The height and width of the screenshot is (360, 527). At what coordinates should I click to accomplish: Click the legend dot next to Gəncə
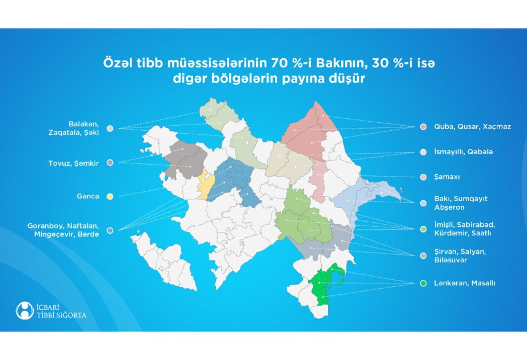(110, 197)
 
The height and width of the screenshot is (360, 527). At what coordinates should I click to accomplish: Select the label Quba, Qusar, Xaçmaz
(473, 127)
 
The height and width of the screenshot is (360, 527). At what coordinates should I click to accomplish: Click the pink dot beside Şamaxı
(424, 177)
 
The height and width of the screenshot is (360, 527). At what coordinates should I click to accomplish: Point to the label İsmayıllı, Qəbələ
(464, 152)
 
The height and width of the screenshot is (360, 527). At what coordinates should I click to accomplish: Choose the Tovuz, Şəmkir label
(74, 163)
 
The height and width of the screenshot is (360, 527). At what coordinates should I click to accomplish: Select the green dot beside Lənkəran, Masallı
(424, 283)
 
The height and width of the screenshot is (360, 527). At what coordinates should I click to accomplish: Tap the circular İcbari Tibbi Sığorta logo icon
(25, 310)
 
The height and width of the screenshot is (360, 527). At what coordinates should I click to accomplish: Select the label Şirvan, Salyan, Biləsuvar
(460, 256)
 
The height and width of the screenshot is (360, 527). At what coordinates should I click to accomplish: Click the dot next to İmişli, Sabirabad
(424, 229)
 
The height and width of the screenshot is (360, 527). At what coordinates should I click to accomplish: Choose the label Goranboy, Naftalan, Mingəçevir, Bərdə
(63, 230)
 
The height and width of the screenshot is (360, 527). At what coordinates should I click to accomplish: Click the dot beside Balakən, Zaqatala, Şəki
(110, 129)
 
